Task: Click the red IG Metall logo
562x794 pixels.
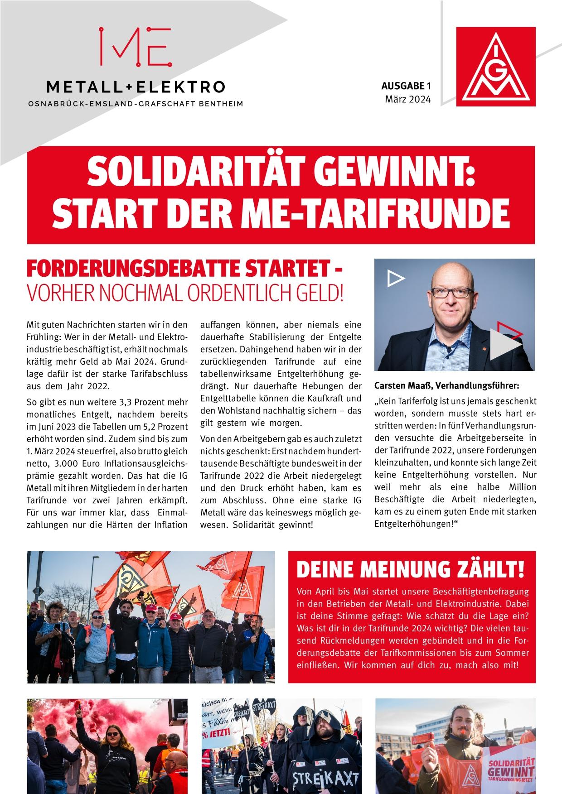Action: coord(495,67)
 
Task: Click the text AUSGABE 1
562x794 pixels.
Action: coord(405,86)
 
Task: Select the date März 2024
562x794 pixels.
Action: coord(407,99)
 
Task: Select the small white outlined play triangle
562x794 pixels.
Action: coord(396,279)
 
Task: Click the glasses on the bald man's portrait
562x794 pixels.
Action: coord(451,292)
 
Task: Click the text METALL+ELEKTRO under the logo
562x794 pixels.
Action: coord(136,86)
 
